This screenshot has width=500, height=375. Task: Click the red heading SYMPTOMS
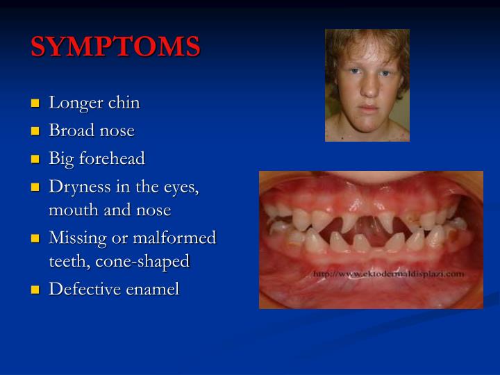point(115,47)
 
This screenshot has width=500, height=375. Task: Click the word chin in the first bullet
point(124,103)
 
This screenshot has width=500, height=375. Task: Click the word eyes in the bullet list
point(181,187)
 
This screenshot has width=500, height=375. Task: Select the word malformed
point(179,238)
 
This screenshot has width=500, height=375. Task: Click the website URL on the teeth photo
point(388,274)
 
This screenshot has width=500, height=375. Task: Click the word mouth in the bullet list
point(69,210)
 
